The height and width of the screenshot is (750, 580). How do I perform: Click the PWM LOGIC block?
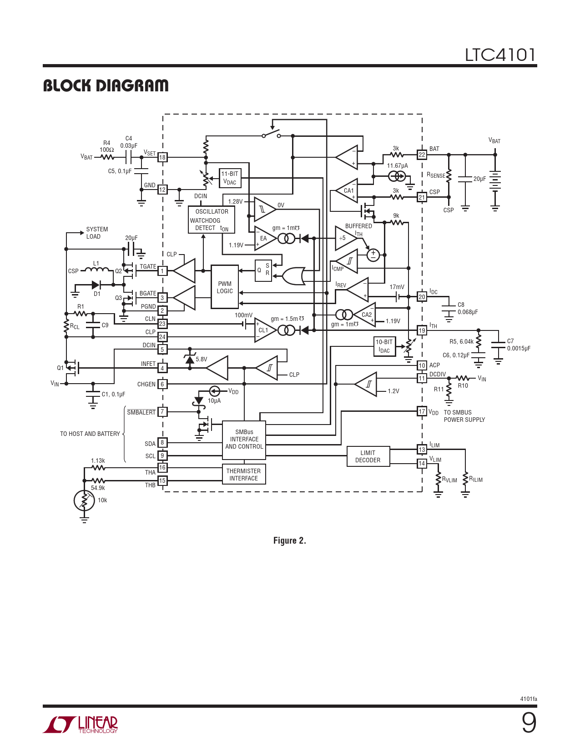click(225, 287)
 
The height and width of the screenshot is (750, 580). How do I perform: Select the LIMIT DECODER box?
click(368, 456)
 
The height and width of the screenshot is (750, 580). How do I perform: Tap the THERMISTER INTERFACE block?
click(244, 475)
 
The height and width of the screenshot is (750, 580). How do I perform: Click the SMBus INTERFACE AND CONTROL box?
click(244, 439)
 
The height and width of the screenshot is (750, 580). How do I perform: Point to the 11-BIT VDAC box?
click(230, 178)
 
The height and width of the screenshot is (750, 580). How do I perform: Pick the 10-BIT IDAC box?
click(384, 346)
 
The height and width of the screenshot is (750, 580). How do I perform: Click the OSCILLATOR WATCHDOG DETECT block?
click(212, 220)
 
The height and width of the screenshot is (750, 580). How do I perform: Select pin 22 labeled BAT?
click(422, 155)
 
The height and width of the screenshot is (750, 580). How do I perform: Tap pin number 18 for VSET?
click(162, 157)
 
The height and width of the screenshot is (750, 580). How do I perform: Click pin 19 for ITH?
click(422, 330)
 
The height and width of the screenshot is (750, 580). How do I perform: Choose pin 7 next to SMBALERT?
click(162, 412)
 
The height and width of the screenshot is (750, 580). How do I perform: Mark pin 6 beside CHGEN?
click(162, 384)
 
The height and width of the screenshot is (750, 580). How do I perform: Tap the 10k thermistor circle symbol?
click(84, 500)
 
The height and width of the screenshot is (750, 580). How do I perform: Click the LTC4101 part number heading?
click(499, 55)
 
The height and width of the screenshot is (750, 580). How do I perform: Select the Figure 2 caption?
click(289, 540)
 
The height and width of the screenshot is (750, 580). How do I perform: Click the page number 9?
click(529, 723)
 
